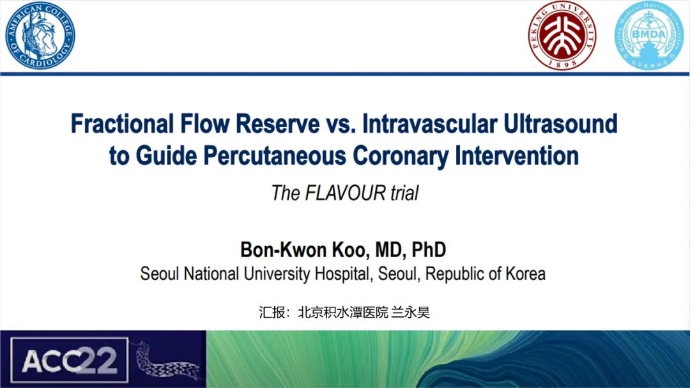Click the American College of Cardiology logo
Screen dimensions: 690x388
pos(40,35)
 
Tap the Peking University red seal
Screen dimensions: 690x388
pos(562,36)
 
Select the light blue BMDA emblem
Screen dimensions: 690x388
pos(648,36)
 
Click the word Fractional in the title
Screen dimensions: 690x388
pos(122,123)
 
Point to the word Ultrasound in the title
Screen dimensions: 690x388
pos(560,123)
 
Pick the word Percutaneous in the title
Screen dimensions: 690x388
pos(275,155)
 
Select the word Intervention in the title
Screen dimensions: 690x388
pos(517,155)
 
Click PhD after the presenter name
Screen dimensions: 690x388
pos(429,250)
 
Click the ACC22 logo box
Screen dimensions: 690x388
pos(69,360)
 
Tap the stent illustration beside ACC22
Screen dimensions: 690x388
pos(169,361)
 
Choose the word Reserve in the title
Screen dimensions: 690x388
pos(278,123)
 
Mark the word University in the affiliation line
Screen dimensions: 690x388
pos(277,274)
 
